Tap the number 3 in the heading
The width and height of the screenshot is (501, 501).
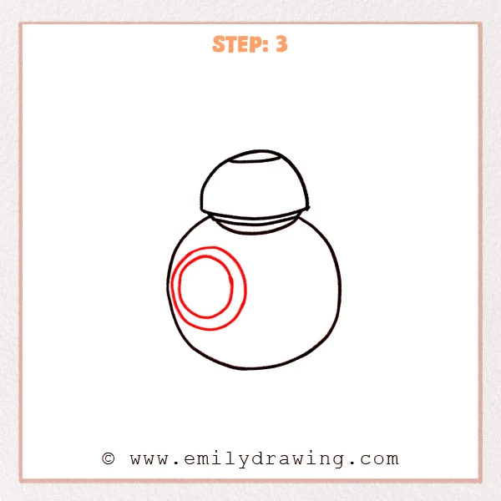coord(281,44)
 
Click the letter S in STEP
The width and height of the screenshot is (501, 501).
coord(219,44)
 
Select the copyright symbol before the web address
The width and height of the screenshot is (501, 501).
coord(108,458)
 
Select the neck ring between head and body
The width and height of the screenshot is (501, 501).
coord(255,221)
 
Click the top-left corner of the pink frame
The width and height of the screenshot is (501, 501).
coord(21,23)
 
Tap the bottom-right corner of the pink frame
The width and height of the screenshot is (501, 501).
coord(481,480)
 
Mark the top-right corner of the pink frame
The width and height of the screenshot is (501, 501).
coord(481,23)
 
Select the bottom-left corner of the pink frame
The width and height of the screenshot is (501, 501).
coord(21,480)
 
